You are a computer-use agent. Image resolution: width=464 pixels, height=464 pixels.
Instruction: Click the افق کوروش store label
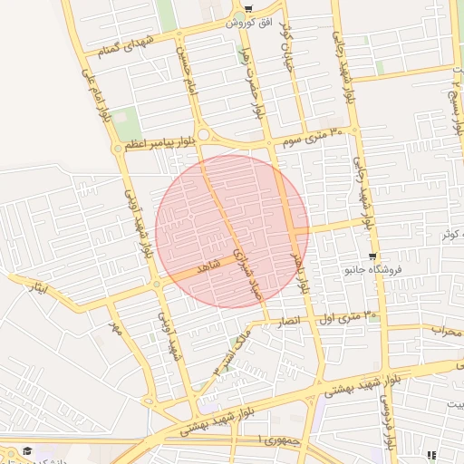click(x=247, y=21)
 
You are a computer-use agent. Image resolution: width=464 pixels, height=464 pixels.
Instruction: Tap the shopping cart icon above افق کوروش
click(x=247, y=8)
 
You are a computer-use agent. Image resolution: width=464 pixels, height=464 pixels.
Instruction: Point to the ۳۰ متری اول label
click(x=348, y=316)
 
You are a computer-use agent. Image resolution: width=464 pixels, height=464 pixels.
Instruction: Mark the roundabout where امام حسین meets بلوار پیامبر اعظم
click(x=203, y=136)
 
